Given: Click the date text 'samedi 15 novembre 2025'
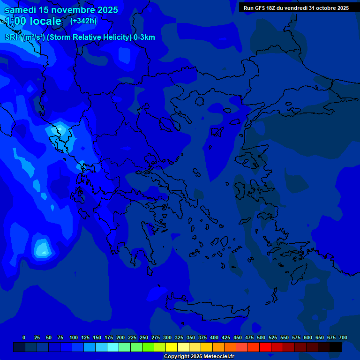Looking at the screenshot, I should [61, 10].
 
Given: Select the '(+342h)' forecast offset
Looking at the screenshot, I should [83, 21].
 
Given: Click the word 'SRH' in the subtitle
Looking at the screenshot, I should [13, 37].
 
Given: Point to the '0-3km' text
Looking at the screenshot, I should [144, 37].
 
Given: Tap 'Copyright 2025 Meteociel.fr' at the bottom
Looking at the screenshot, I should [199, 356].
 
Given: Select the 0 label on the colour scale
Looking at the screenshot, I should [24, 337].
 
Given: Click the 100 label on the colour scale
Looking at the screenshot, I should [74, 337].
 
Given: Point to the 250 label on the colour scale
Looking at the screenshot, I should [144, 337].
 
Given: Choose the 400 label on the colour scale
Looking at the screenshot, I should [214, 337].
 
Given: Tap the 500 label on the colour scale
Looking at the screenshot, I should [261, 337].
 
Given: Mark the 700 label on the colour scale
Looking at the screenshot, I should [343, 337].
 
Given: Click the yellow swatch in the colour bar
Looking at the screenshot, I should [172, 347].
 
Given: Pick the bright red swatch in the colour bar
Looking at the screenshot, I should [265, 347].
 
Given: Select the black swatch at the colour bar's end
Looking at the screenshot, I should [336, 347].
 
